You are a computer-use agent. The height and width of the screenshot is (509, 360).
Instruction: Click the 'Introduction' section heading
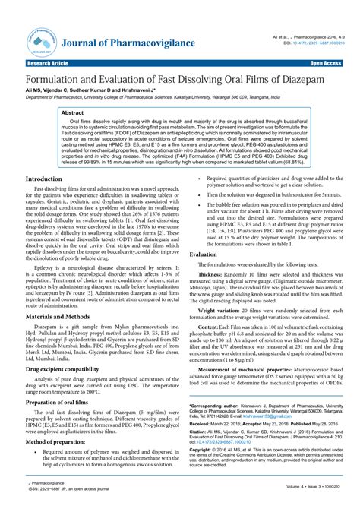pos(45,200)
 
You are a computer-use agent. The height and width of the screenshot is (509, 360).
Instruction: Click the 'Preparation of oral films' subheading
pos(59,422)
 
